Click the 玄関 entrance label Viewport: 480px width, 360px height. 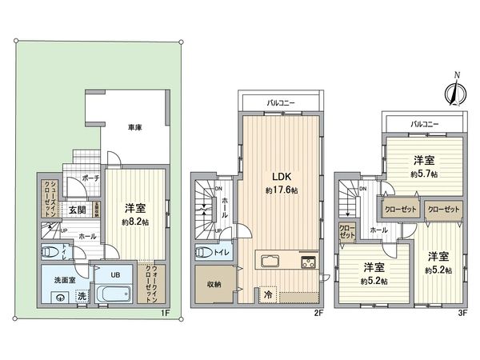point(77,210)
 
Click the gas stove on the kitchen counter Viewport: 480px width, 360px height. point(308,262)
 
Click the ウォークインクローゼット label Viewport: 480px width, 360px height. point(152,282)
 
